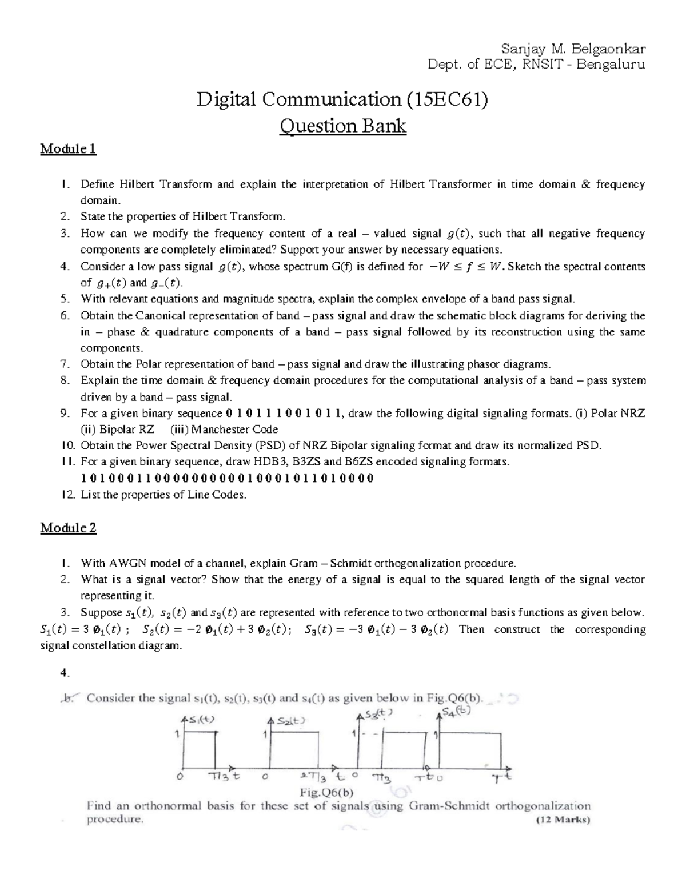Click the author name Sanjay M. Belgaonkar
coord(572,47)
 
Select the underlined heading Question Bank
coord(342,125)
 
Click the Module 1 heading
coord(68,150)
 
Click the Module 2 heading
coord(68,528)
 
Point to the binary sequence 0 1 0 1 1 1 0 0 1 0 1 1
coord(284,414)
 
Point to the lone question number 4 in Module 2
coord(64,673)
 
